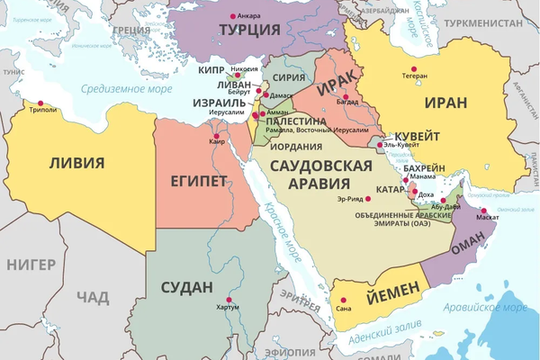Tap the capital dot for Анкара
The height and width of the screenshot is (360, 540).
click(x=234, y=15)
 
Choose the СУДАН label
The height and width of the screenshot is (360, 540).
click(x=186, y=288)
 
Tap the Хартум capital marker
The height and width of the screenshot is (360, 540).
click(x=229, y=300)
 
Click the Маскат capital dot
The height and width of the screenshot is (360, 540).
click(x=483, y=211)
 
